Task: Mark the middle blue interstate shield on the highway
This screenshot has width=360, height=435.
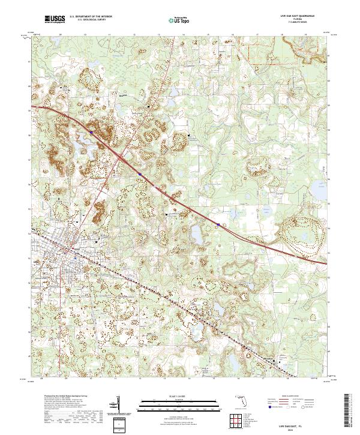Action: pos(139,174)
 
